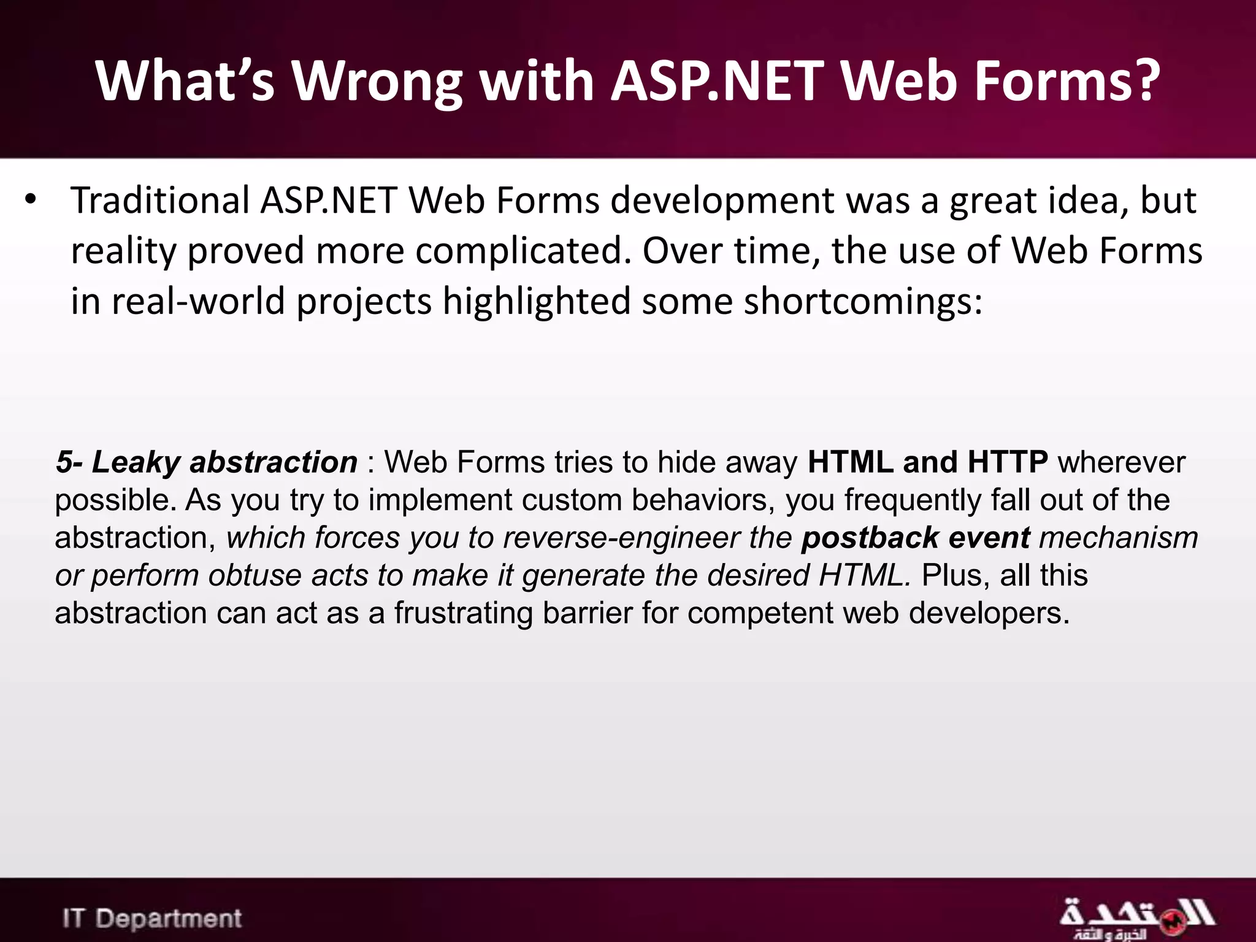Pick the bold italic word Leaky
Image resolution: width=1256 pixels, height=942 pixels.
tap(136, 462)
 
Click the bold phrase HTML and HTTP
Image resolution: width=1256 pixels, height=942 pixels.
tap(927, 462)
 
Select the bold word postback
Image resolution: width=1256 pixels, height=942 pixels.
tap(869, 538)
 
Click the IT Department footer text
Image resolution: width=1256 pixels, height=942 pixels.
tap(152, 919)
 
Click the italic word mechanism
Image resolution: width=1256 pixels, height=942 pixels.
tap(1118, 538)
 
